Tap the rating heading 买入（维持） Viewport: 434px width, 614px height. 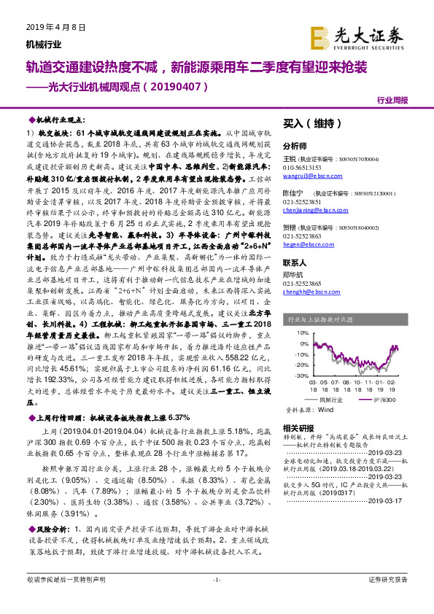302,123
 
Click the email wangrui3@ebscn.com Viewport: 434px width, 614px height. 305,176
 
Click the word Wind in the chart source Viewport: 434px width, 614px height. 325,411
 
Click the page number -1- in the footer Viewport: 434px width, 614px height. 216,599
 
